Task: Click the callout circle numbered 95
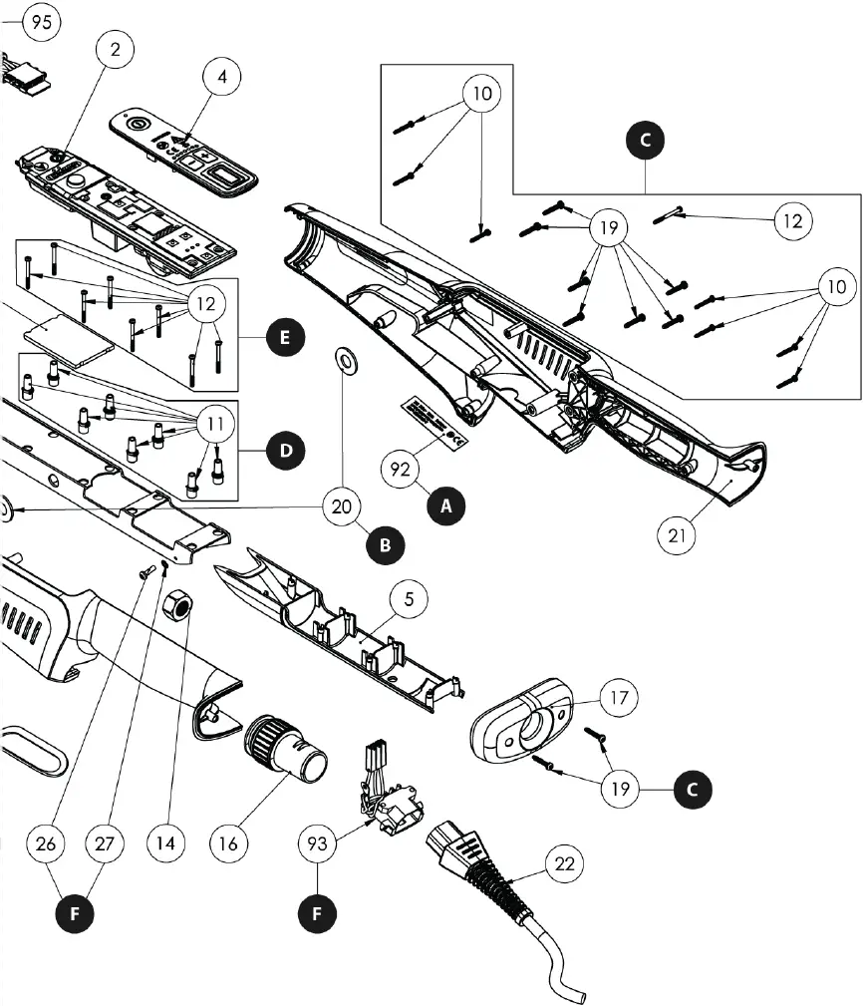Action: [41, 23]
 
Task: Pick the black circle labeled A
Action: [446, 506]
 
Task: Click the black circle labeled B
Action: [386, 544]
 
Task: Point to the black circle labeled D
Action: [285, 451]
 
